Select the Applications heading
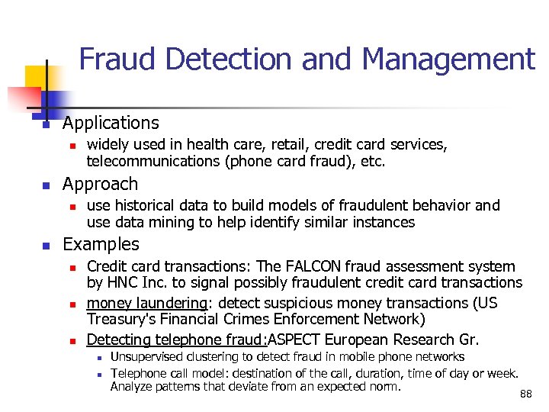coord(111,123)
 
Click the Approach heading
coord(100,184)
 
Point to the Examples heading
coord(101,244)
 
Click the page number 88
coord(525,394)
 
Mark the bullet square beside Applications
coord(46,124)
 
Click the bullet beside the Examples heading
coord(46,246)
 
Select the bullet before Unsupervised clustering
coord(99,358)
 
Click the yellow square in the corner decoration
coord(37,77)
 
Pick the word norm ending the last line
coord(384,387)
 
